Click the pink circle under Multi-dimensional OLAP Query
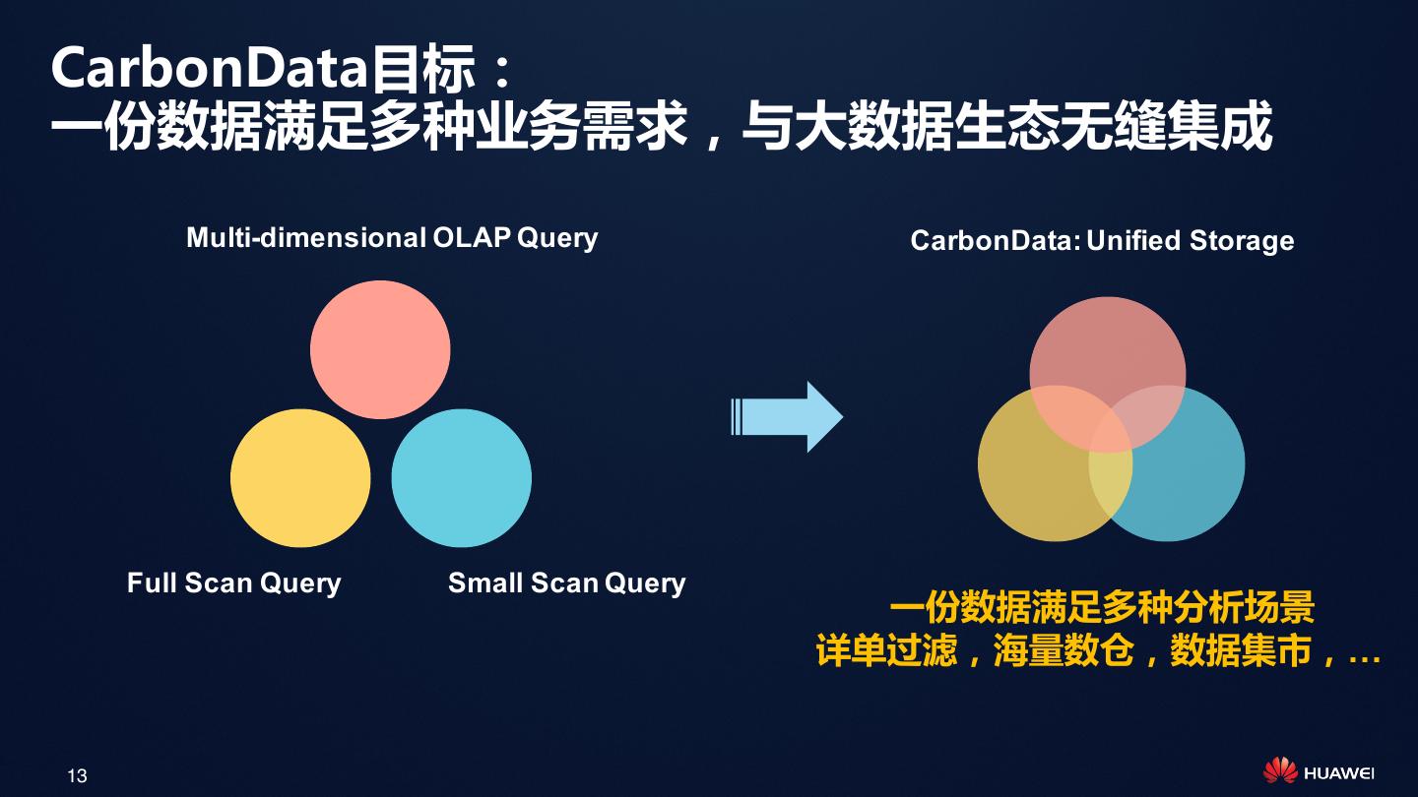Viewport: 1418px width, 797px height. [380, 350]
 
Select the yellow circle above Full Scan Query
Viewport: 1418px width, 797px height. [300, 478]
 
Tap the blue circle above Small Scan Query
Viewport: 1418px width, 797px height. [461, 478]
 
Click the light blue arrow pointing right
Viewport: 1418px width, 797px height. [788, 417]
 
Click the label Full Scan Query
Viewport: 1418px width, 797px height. [234, 582]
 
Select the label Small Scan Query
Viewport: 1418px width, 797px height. [566, 582]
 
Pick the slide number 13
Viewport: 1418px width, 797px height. [77, 775]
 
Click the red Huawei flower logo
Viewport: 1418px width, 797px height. [1280, 771]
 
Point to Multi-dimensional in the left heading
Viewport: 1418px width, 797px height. [306, 238]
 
